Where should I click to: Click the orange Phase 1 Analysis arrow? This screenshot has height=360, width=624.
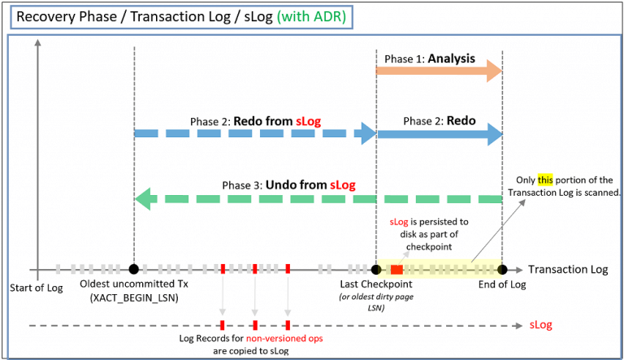439,73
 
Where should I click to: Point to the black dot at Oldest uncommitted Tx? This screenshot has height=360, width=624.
133,269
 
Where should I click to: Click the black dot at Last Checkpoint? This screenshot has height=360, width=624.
375,269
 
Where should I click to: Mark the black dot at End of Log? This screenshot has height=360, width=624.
502,269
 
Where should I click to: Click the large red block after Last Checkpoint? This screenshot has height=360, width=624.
396,269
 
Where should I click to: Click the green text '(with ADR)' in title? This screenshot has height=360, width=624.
297,15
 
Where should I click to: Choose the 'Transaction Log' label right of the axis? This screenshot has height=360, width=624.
567,269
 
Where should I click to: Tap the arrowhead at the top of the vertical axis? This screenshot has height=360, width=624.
37,42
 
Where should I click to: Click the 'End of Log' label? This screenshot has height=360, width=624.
502,284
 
